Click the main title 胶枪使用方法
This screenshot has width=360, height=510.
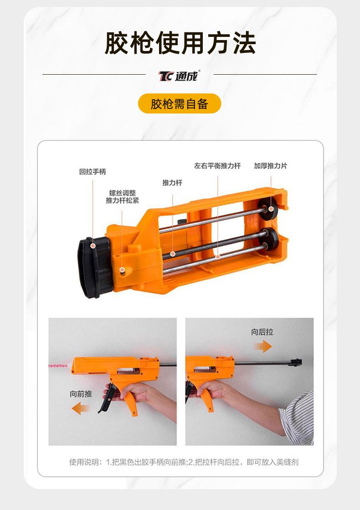tap(180, 43)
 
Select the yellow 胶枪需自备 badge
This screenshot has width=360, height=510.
tap(180, 104)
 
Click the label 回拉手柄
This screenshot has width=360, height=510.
tap(92, 172)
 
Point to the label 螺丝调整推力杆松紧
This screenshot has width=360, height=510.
tap(122, 197)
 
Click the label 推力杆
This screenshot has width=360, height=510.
tap(172, 183)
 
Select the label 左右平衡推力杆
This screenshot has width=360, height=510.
tap(217, 166)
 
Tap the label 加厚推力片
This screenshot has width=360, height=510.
tap(271, 166)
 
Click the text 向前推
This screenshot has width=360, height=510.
tap(81, 394)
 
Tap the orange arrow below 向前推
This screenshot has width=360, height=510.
tap(81, 408)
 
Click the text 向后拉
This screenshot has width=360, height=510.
tap(262, 332)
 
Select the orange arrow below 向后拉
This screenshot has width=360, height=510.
tap(262, 347)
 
